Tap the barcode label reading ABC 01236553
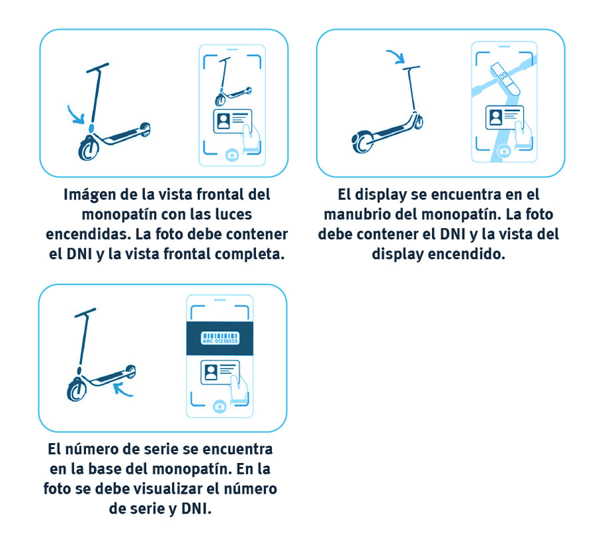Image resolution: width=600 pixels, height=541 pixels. (220, 338)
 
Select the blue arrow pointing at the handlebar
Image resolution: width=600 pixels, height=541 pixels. (396, 56)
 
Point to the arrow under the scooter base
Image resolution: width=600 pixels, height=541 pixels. (123, 390)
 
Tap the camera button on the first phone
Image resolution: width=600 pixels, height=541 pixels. (232, 155)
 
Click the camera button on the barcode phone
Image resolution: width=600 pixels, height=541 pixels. (219, 406)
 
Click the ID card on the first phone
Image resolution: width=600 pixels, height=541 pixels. (232, 121)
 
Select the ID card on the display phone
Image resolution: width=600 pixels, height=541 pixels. (505, 118)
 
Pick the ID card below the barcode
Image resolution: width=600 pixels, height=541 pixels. (220, 372)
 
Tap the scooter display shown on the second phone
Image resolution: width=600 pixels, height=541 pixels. (505, 79)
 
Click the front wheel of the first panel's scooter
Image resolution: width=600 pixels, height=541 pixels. (89, 149)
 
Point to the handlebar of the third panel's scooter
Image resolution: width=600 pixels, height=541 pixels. (85, 312)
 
